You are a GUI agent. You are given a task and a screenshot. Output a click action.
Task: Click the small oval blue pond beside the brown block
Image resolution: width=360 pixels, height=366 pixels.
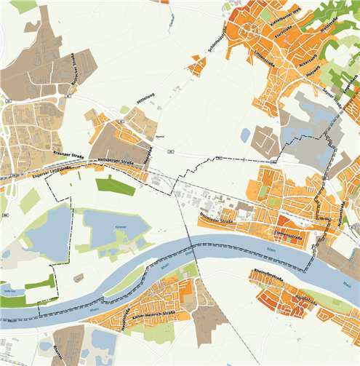click(x=245, y=135)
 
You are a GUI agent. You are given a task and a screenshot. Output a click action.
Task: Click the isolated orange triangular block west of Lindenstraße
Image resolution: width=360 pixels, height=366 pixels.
click(x=196, y=66)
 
